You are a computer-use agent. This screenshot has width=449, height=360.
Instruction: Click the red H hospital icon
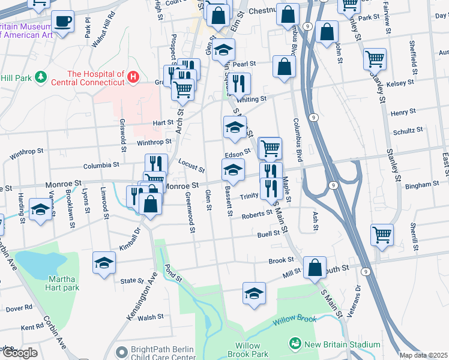click(x=133, y=77)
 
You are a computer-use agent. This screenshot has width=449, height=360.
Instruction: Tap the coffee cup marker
click(x=62, y=23)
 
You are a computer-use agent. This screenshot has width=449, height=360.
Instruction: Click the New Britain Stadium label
click(x=342, y=344)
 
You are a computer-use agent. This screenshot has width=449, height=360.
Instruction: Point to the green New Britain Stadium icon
click(x=295, y=344)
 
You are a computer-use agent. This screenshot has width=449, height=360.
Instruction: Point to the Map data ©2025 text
click(x=424, y=355)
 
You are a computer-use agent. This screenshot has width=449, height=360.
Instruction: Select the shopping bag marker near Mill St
click(x=315, y=268)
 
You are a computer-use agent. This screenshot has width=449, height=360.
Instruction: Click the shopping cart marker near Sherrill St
click(x=382, y=235)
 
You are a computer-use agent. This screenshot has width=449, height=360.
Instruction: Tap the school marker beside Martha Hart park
click(x=104, y=263)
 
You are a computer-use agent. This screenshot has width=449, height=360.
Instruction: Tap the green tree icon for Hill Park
click(x=40, y=77)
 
